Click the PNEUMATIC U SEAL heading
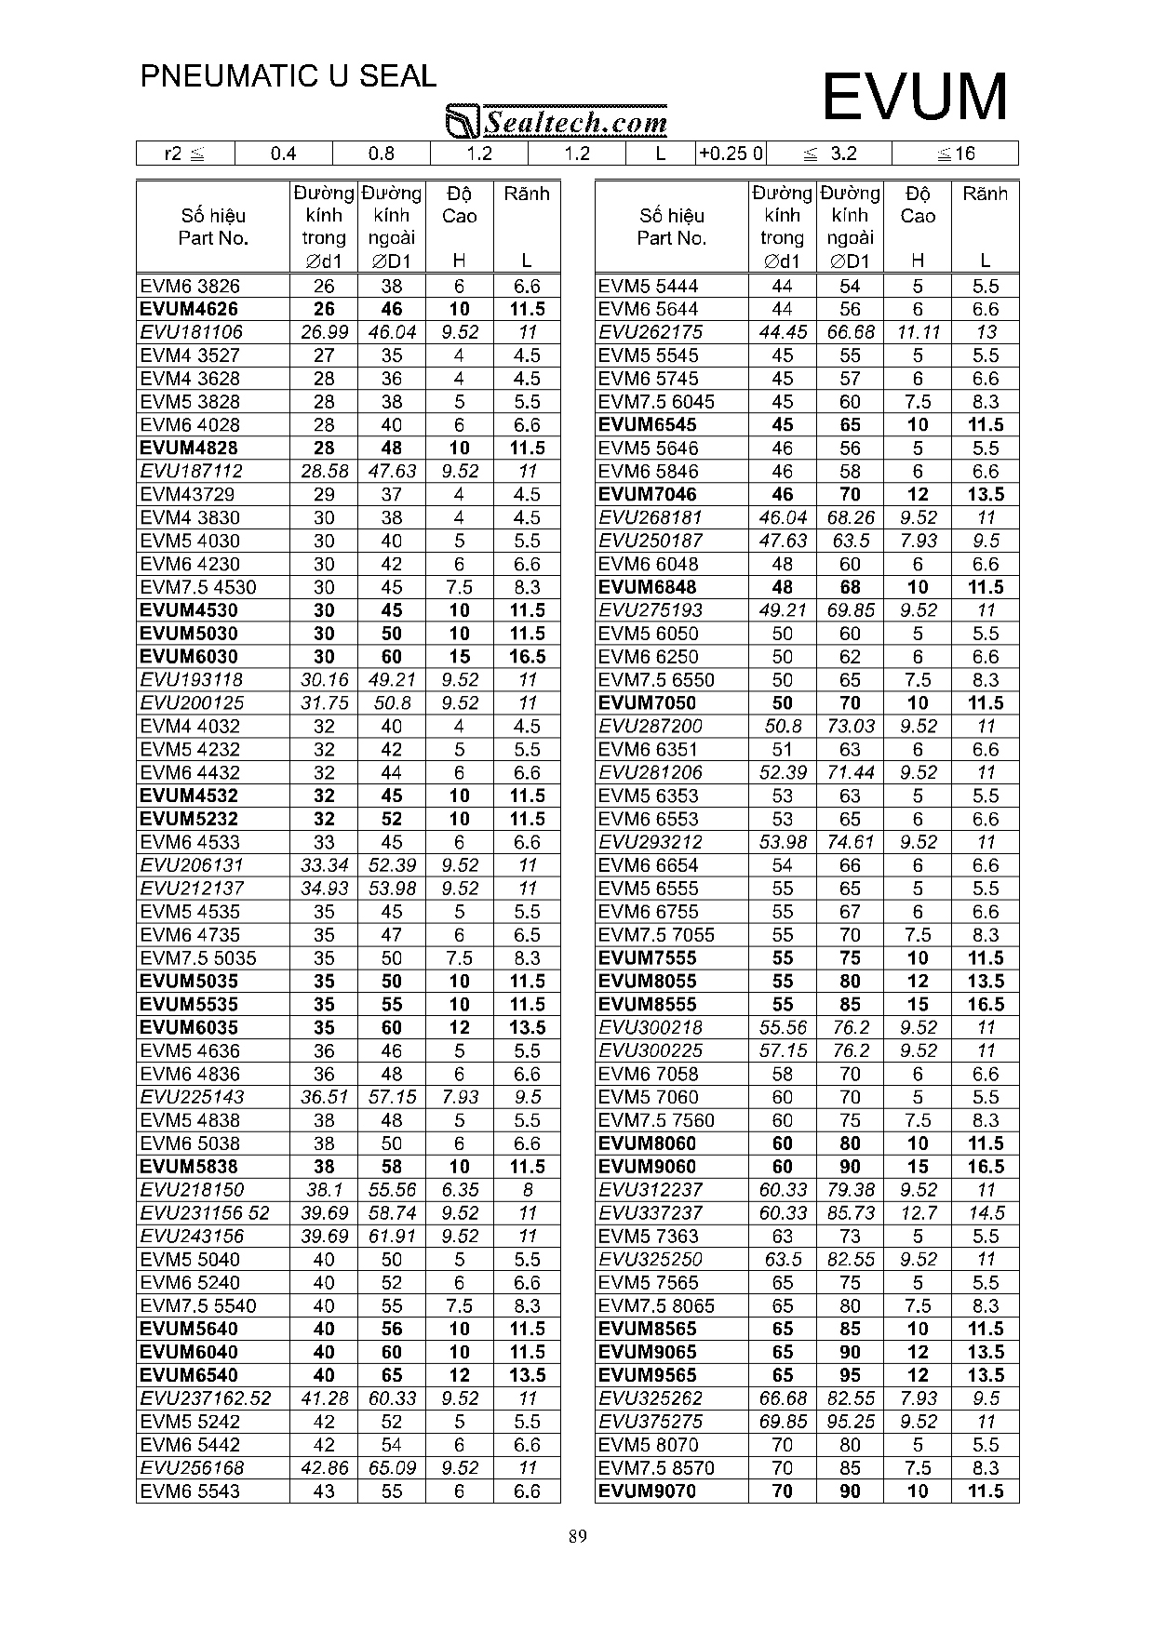288,76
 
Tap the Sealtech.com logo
557,121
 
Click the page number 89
577,1536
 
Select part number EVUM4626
189,309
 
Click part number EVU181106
191,332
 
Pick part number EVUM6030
189,657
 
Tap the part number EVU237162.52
206,1398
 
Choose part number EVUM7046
648,494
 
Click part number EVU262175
651,332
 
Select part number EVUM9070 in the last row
648,1492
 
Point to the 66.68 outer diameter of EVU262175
850,332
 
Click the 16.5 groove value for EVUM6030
527,657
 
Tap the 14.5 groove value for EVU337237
986,1213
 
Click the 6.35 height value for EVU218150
460,1190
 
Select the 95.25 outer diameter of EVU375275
850,1422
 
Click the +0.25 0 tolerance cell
731,154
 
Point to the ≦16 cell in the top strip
956,154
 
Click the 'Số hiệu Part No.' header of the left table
213,227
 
